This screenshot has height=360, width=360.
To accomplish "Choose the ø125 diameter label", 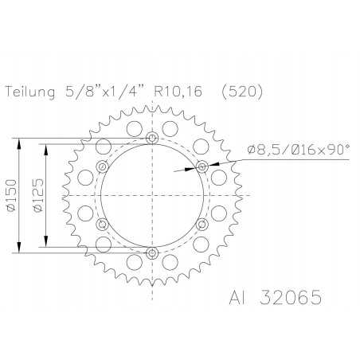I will coord(37,195).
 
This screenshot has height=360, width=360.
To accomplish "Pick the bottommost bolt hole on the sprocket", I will coord(152,253).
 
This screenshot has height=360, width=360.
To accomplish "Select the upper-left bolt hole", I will coord(102,166).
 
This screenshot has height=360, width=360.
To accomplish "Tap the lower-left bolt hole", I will coord(102,225).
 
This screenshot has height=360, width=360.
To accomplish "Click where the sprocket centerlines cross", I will coord(152,196).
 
